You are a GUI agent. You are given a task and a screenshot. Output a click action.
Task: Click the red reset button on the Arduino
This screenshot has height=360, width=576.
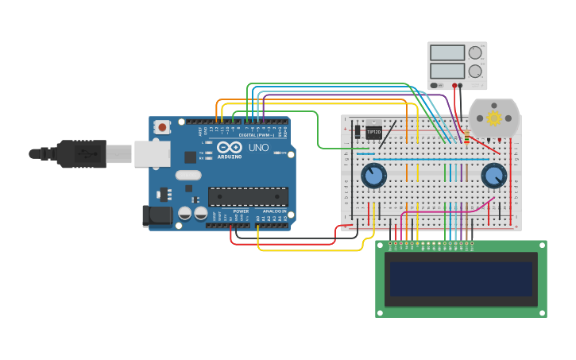163,126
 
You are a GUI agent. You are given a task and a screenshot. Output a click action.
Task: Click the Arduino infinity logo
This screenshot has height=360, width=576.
229,148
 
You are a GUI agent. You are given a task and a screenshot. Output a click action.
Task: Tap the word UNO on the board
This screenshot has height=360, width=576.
259,148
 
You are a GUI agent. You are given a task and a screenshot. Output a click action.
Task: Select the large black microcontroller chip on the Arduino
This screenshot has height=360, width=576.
248,196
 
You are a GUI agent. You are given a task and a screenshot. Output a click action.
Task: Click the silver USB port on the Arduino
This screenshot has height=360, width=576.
152,153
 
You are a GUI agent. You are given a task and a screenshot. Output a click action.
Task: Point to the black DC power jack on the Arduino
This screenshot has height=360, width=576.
157,215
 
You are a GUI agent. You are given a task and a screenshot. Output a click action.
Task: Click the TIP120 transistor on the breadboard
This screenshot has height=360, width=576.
373,132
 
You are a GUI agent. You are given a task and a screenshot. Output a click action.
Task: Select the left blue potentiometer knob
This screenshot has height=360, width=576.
373,176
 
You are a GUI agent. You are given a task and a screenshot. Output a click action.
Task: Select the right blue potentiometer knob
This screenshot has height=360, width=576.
493,176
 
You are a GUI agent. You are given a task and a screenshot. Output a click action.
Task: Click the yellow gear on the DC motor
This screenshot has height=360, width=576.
494,118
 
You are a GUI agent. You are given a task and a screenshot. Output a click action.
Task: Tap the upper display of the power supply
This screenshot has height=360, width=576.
446,53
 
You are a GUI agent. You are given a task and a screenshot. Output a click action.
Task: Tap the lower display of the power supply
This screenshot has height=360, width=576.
446,71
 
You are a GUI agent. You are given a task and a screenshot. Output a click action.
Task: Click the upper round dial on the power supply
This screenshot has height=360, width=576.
475,53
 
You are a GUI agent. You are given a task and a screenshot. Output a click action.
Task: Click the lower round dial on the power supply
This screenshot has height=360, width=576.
475,72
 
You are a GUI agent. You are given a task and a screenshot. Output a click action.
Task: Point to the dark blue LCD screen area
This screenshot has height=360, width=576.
461,278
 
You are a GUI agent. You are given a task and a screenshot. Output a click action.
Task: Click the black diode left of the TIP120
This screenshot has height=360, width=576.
358,132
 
